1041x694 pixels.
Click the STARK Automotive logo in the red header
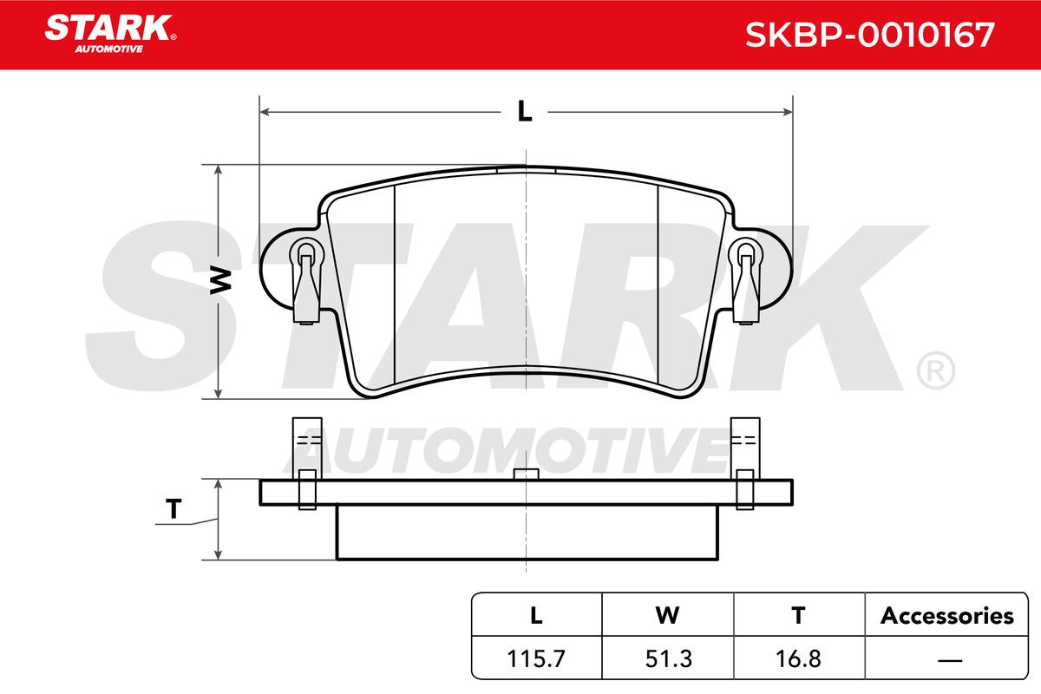(x=110, y=34)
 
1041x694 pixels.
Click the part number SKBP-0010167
(x=869, y=35)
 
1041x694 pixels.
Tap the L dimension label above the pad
(x=525, y=112)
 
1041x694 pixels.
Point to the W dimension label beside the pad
(x=220, y=280)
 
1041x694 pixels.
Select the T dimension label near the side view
(x=173, y=508)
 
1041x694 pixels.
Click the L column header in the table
(x=536, y=615)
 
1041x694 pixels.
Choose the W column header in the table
(x=667, y=615)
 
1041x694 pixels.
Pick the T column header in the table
(x=798, y=615)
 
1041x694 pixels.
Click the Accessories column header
(x=946, y=616)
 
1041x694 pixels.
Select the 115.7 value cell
(x=536, y=658)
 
